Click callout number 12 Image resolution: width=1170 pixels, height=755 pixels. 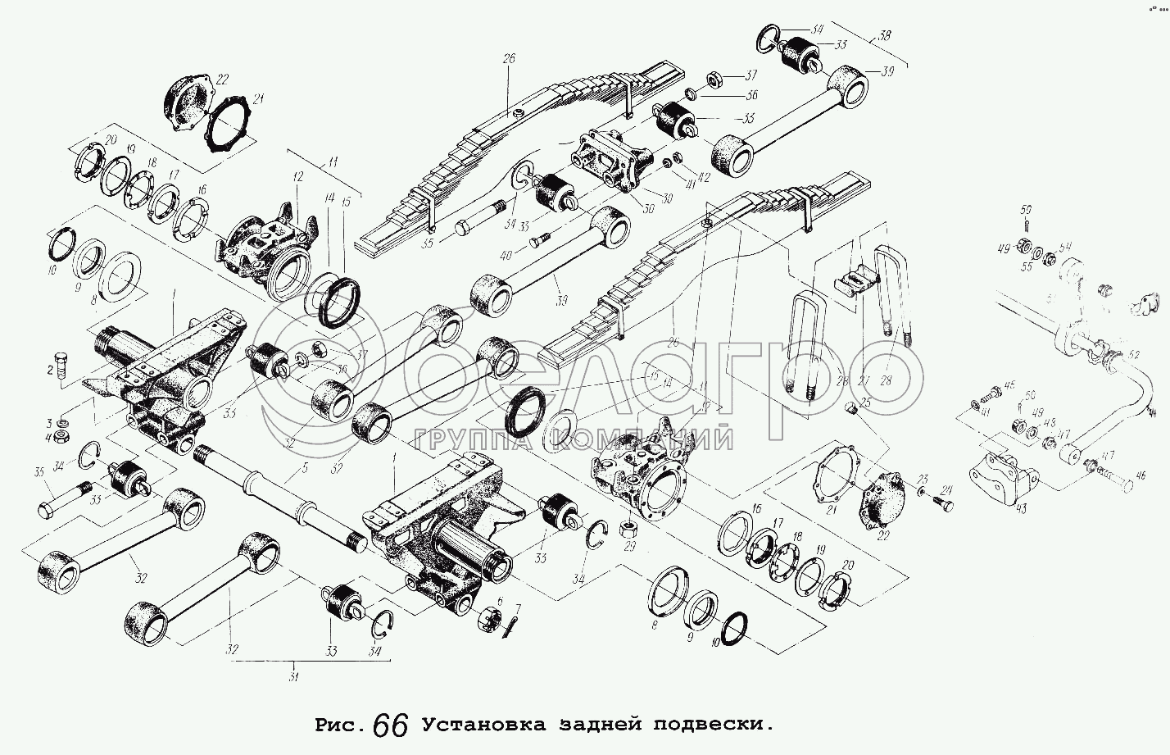point(297,177)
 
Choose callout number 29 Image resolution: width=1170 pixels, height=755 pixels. point(629,546)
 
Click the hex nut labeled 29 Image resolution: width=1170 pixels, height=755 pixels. point(631,524)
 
